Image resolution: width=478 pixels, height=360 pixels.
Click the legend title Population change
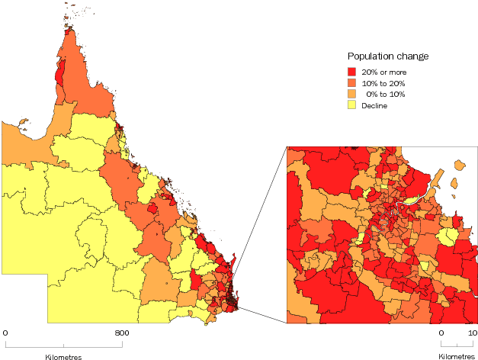[x=387, y=56]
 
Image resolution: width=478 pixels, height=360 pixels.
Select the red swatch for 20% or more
[x=353, y=72]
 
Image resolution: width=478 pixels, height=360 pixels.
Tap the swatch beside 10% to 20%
[x=353, y=83]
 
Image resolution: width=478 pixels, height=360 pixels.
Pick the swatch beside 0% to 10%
[x=353, y=95]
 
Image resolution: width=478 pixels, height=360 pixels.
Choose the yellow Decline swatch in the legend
[x=353, y=106]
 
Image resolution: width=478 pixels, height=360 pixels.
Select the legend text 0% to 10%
[x=386, y=95]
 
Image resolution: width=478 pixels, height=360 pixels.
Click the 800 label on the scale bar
[x=122, y=333]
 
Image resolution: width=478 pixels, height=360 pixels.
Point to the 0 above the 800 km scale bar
[x=5, y=333]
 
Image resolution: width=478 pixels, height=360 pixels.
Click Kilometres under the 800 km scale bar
[x=63, y=357]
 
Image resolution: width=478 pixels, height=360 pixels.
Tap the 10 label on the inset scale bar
[x=472, y=333]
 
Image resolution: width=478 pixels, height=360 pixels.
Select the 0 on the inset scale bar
[x=441, y=333]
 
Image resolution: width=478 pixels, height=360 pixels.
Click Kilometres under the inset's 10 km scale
[x=457, y=357]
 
